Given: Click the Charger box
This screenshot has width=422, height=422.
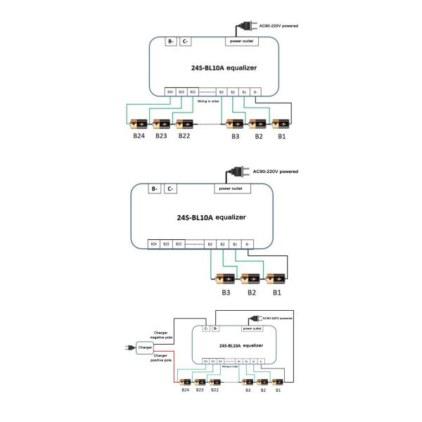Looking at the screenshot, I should pos(145,347).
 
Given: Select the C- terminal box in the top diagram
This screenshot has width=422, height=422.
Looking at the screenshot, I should pos(186,41).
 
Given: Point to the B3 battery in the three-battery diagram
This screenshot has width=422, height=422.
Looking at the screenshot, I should pos(226,279).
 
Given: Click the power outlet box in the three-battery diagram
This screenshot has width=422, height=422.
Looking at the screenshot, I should pos(231,188).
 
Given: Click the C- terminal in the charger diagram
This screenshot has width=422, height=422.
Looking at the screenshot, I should pos(205,328).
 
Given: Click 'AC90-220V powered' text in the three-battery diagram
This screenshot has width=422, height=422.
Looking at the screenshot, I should pos(275,172).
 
